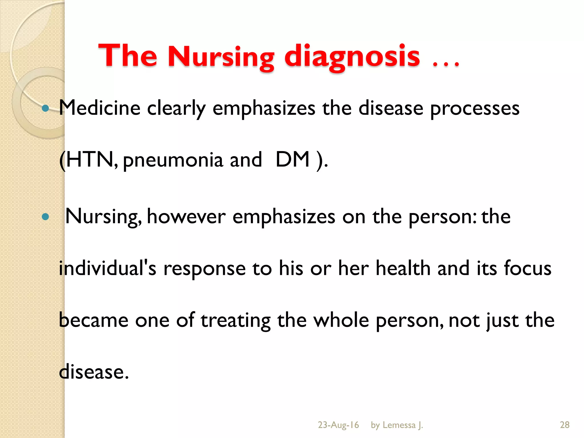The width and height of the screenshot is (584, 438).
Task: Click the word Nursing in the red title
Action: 221,57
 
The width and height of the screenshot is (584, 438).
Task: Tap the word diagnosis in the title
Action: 352,57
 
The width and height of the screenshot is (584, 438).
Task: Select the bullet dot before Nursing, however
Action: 45,217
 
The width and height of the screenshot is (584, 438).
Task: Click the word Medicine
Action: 100,108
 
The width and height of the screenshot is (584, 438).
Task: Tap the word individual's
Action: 108,268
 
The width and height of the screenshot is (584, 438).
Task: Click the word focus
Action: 528,268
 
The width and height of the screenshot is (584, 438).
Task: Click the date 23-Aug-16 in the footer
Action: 338,425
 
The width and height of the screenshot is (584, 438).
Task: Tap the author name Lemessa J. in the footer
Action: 403,425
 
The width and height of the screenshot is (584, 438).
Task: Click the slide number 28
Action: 565,425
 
